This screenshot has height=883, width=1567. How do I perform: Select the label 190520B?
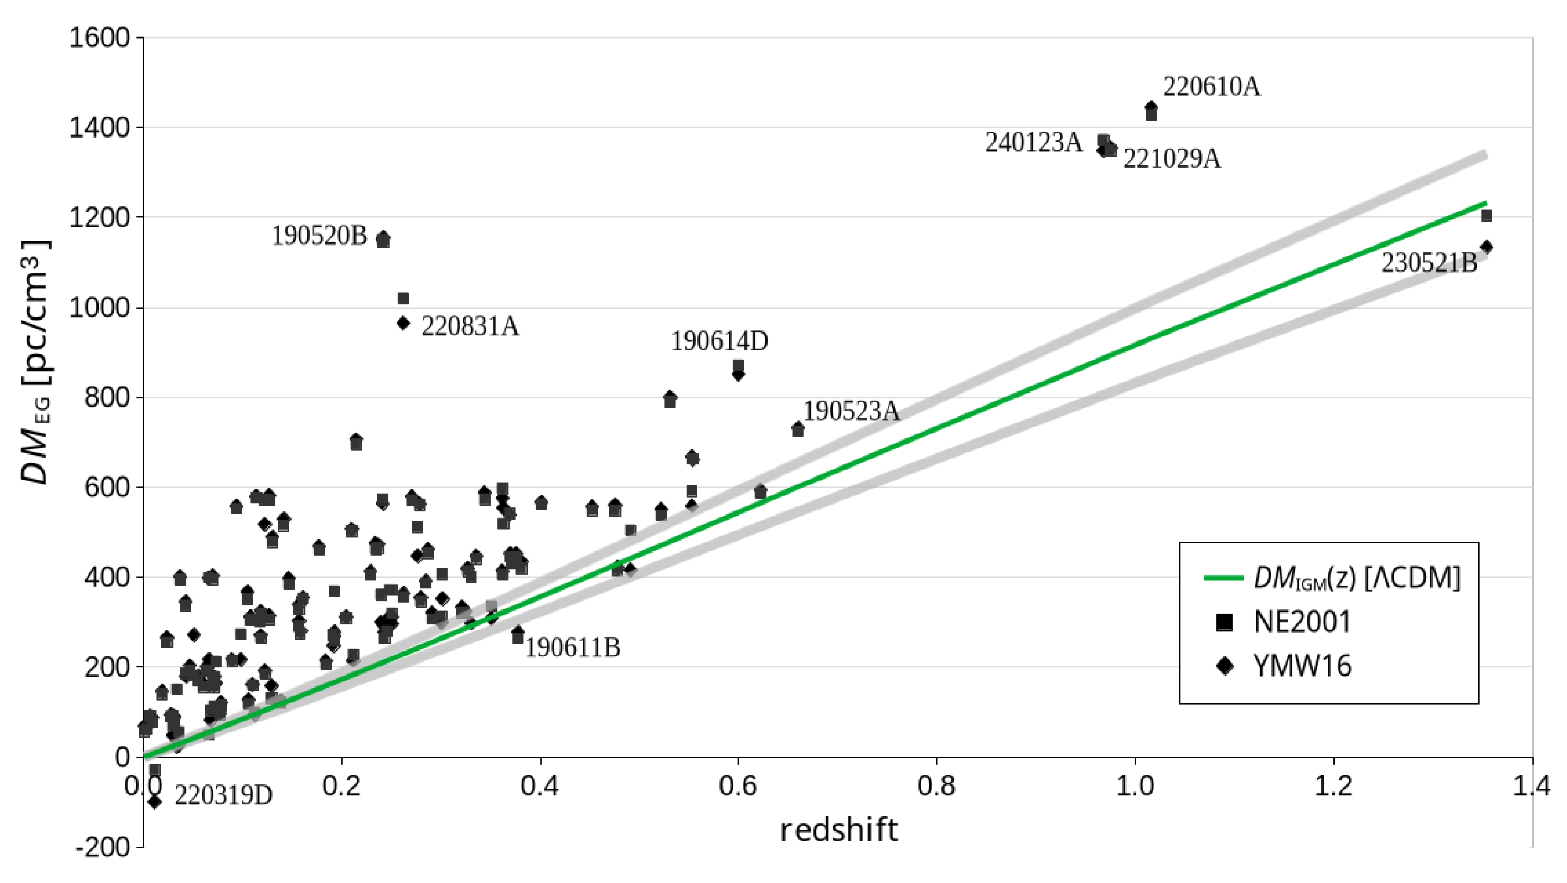[x=320, y=236]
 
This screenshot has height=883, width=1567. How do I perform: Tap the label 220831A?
[x=470, y=326]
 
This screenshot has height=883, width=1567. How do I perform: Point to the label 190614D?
[x=719, y=341]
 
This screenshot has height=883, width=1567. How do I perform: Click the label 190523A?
[x=851, y=411]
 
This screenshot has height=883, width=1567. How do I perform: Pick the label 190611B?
[x=572, y=647]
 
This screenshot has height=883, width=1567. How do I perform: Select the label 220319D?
[x=223, y=795]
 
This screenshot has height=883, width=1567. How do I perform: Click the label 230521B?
[x=1429, y=263]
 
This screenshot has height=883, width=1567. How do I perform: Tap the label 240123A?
[x=1034, y=143]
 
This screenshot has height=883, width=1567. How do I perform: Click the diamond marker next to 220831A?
[x=403, y=323]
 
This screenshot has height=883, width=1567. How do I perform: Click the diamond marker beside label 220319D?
[x=154, y=802]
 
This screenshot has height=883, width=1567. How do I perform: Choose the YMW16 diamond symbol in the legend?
[x=1224, y=666]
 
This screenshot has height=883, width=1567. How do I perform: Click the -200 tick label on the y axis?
[x=102, y=847]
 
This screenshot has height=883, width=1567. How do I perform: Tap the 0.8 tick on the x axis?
[x=936, y=786]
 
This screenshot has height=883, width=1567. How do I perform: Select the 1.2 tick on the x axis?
[x=1333, y=786]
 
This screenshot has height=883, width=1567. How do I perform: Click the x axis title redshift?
[x=838, y=830]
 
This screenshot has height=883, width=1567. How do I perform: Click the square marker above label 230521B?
[x=1486, y=215]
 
